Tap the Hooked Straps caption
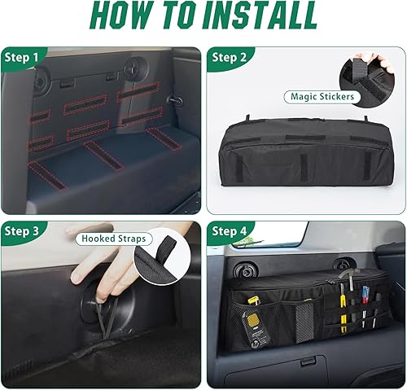114,239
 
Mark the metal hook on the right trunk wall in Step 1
173,99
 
